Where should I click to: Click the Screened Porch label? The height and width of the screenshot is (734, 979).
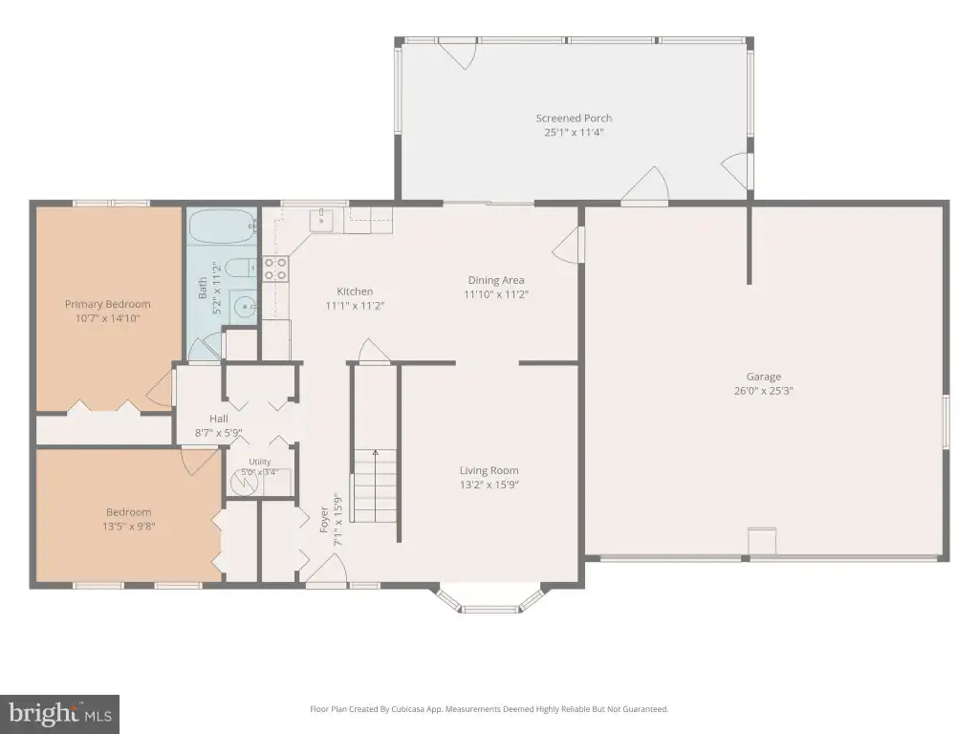pyautogui.click(x=574, y=118)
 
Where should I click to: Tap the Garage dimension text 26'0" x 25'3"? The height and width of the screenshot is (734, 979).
pyautogui.click(x=764, y=391)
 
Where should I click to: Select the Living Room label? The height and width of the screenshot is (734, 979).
pyautogui.click(x=489, y=470)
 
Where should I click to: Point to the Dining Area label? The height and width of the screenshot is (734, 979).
pyautogui.click(x=496, y=280)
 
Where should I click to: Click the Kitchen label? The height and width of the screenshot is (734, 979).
pyautogui.click(x=355, y=291)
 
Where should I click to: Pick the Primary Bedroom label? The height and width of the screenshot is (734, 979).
pyautogui.click(x=107, y=304)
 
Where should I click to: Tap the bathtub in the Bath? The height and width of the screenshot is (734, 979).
pyautogui.click(x=223, y=226)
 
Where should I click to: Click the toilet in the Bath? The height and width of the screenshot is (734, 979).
pyautogui.click(x=240, y=269)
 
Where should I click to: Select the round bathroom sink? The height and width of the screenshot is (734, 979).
pyautogui.click(x=244, y=307)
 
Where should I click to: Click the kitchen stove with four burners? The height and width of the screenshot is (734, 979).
pyautogui.click(x=275, y=269)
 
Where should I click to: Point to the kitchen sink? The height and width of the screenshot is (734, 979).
pyautogui.click(x=321, y=221)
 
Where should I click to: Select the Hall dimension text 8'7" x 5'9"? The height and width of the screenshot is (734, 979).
pyautogui.click(x=219, y=433)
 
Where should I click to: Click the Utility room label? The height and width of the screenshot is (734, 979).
pyautogui.click(x=260, y=462)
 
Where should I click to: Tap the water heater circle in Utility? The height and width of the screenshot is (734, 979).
pyautogui.click(x=245, y=483)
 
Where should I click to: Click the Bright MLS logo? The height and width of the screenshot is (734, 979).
pyautogui.click(x=59, y=714)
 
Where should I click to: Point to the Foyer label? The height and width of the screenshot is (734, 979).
pyautogui.click(x=324, y=520)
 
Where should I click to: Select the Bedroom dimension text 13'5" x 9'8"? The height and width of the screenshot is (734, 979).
pyautogui.click(x=129, y=527)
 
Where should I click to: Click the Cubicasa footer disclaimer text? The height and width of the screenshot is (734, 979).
pyautogui.click(x=489, y=709)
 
